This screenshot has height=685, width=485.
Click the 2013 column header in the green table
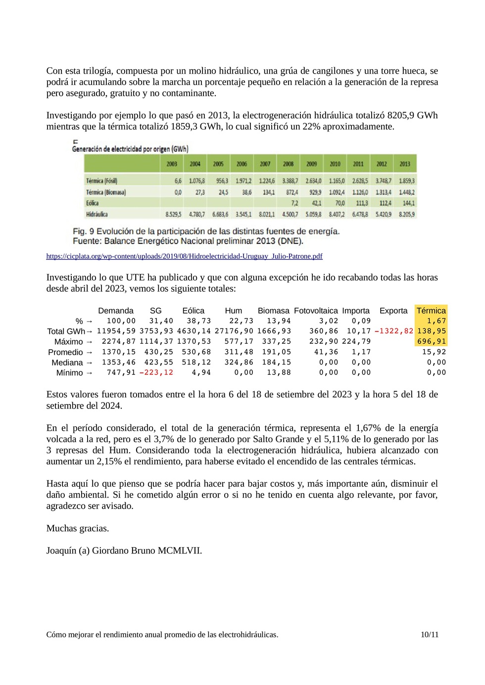(404, 164)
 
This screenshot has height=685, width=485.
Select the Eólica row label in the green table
(93, 203)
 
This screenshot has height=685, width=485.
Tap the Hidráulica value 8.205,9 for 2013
(406, 215)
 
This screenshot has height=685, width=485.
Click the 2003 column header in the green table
(171, 164)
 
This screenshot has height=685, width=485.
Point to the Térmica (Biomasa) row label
(106, 192)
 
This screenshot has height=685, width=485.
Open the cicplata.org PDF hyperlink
(184, 256)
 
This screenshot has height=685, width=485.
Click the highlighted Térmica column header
(431, 311)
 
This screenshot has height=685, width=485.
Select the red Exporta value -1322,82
(393, 331)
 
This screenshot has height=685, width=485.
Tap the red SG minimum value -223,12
(156, 372)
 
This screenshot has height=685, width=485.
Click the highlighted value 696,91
(431, 341)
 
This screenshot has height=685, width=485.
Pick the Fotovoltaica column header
(316, 311)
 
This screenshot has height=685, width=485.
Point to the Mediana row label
(67, 363)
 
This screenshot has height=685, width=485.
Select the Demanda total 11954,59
(116, 331)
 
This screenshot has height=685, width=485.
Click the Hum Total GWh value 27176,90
(234, 331)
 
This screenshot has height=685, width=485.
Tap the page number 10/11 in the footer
(429, 635)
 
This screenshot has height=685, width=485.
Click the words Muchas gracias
(78, 528)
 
